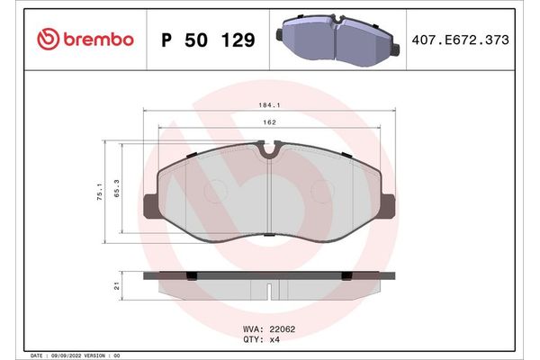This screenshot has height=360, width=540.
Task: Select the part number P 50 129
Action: coord(208,40)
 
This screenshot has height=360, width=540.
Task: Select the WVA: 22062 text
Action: coord(270,329)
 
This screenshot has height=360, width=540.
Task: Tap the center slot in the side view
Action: coord(271,290)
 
